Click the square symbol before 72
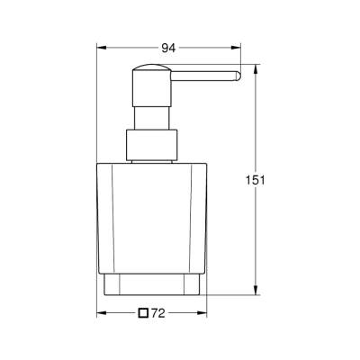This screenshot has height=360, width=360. (x=144, y=314)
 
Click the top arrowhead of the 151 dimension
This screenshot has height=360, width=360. (x=255, y=68)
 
